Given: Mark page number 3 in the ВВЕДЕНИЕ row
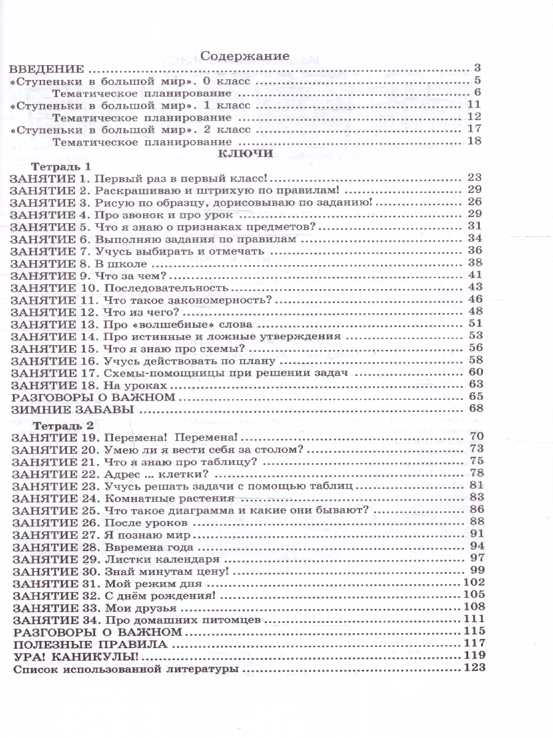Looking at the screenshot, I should pos(477,68).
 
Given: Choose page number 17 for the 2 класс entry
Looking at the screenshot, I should pos(473,129).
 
